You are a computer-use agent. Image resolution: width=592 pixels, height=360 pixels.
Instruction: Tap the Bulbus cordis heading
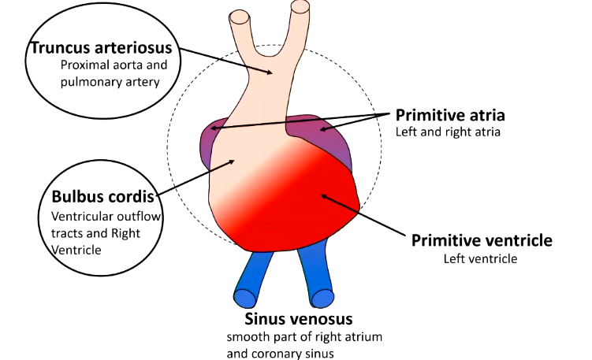click(x=102, y=196)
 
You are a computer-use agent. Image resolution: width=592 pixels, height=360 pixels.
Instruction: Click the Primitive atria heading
click(x=450, y=115)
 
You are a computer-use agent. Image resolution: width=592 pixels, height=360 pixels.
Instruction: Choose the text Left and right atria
click(x=448, y=132)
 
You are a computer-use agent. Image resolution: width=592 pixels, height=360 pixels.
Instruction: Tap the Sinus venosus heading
click(x=297, y=320)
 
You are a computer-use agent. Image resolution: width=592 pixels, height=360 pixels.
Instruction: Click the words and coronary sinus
click(x=281, y=353)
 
